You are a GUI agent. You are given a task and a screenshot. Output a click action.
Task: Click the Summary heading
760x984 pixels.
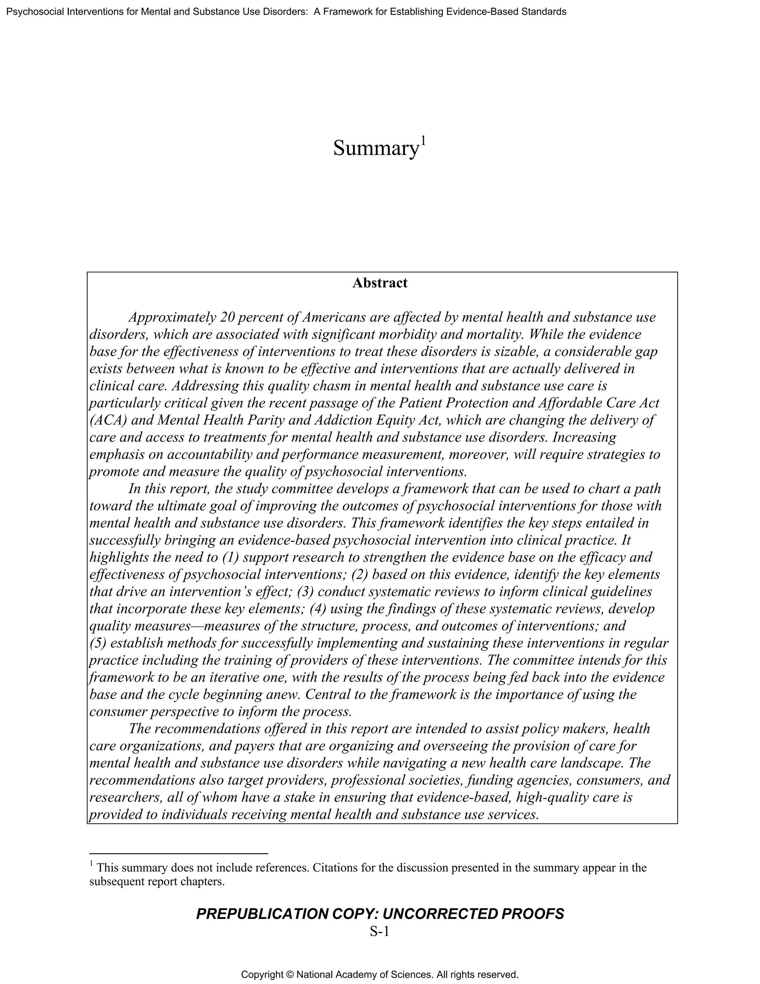[376, 148]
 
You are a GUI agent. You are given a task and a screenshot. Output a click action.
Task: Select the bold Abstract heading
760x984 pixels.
[380, 283]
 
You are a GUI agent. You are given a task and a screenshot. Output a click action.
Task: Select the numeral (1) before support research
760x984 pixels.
[230, 557]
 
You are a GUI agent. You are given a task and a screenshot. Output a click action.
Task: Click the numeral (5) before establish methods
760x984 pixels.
[98, 643]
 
